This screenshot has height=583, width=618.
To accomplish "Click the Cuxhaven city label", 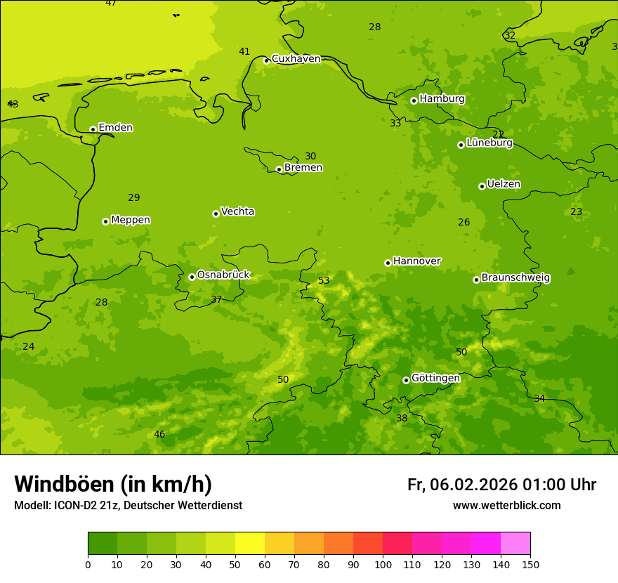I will tap(296, 59).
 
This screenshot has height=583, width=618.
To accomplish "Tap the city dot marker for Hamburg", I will tap(414, 100).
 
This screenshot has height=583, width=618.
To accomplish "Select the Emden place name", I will tap(115, 128).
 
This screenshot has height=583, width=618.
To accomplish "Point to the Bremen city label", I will tap(303, 168).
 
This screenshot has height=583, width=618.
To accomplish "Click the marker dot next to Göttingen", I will tap(406, 380).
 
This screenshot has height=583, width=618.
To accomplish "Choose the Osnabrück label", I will tap(223, 275).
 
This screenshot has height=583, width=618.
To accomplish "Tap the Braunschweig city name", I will tap(515, 278).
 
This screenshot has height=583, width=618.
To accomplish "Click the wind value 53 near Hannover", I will tap(324, 281).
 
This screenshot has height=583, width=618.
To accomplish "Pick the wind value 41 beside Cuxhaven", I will tap(244, 52).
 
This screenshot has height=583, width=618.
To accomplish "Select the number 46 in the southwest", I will tap(159, 435).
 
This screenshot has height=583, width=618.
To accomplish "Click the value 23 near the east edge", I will tap(577, 212).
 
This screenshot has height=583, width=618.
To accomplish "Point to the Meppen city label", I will tap(131, 221).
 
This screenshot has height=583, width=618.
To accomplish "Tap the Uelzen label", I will tap(504, 185).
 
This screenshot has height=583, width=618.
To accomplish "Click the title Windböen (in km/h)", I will tap(113, 485).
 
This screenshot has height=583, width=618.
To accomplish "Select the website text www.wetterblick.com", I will tap(506, 506).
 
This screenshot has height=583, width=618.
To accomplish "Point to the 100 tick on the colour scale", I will tap(383, 564).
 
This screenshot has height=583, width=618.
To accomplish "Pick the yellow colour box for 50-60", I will tap(250, 544).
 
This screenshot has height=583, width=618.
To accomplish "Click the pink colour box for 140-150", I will tap(515, 544).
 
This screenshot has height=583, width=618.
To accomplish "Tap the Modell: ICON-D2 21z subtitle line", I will tap(128, 506).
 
